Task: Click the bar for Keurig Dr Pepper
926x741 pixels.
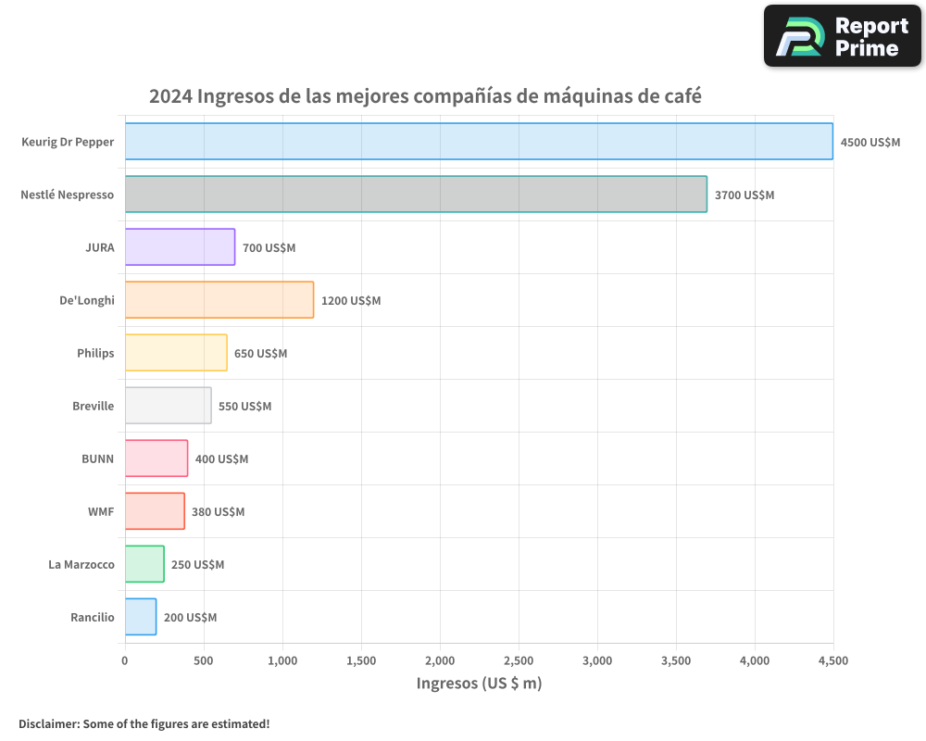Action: point(479,142)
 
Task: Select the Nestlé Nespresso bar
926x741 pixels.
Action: point(416,195)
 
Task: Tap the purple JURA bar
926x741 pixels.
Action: point(180,247)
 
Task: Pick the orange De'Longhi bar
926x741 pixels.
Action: point(219,300)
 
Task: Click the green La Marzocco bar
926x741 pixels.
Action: point(144,564)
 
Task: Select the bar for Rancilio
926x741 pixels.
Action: point(141,617)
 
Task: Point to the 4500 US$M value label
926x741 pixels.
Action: point(870,143)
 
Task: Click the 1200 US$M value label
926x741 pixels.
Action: point(351,301)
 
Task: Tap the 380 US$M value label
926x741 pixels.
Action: point(218,512)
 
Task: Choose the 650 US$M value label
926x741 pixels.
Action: point(260,354)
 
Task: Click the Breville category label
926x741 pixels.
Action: point(94,406)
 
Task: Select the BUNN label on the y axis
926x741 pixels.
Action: point(98,458)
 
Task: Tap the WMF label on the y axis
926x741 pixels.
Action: point(101,511)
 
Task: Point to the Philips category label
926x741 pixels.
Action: point(95,353)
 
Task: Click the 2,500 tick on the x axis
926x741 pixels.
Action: point(519,660)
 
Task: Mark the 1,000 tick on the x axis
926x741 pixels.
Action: point(282,660)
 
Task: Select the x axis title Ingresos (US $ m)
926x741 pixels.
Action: point(479,684)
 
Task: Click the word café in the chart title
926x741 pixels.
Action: point(682,96)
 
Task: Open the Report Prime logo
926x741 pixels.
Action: point(842,36)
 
